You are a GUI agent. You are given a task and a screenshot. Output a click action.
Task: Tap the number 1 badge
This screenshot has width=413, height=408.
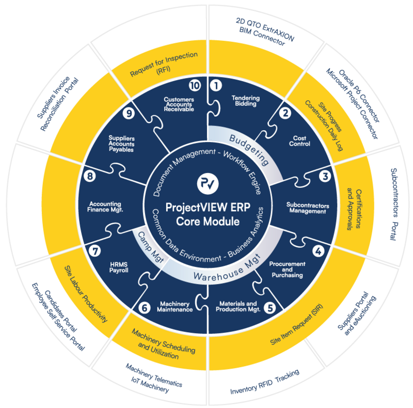[x=217, y=85]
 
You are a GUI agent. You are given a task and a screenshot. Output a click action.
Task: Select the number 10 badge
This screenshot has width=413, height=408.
[x=195, y=85]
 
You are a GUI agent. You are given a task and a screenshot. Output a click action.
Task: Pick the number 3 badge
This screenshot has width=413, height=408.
[x=325, y=176]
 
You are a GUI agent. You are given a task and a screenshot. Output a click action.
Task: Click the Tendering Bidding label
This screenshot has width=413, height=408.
[x=245, y=101]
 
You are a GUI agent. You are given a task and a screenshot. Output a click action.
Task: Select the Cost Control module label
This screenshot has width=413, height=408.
[x=300, y=141]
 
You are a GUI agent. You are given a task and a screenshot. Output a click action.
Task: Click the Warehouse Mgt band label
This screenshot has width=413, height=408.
[x=227, y=269]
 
